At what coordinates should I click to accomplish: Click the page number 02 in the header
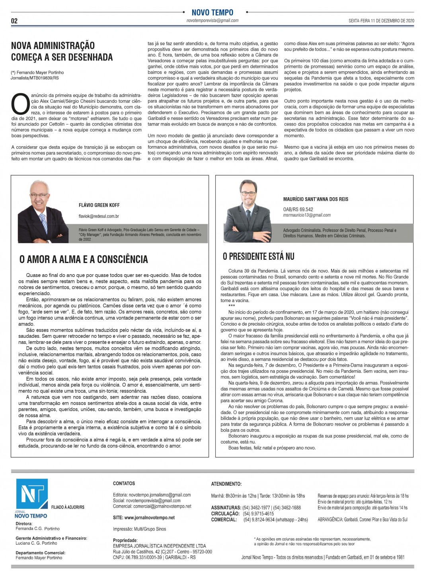click(14, 21)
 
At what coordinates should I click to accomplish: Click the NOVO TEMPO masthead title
click(212, 12)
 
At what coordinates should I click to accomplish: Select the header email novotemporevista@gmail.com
click(212, 21)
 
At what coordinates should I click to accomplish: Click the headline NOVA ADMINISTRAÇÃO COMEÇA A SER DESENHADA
click(62, 51)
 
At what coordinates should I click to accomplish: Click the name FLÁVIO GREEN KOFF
click(99, 205)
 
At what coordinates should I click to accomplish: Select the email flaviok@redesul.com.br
click(99, 216)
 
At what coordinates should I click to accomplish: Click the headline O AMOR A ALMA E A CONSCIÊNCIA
click(84, 259)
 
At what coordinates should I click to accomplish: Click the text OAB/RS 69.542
click(298, 209)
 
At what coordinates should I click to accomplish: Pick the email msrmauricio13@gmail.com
click(307, 215)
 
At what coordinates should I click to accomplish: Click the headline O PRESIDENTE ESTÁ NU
click(259, 257)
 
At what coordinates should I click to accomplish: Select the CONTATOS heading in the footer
click(124, 483)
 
